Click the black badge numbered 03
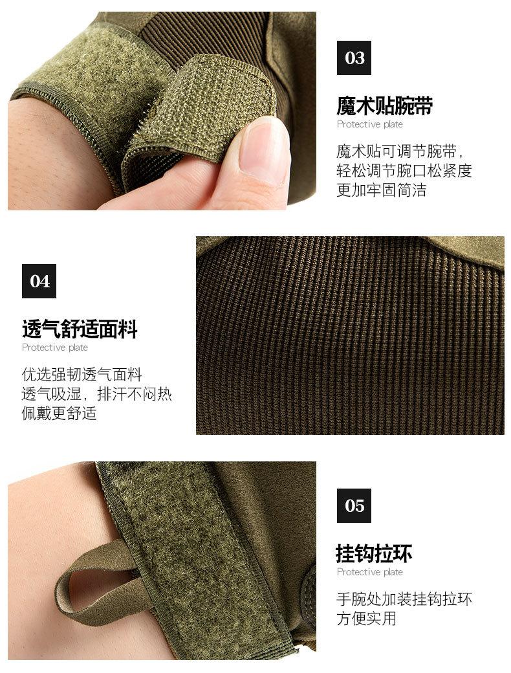point(354,58)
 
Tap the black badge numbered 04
point(39,281)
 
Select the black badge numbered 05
point(354,506)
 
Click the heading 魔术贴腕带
point(384,105)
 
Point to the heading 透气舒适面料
point(80,329)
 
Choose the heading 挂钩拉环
point(374,553)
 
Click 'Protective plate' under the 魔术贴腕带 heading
point(369,124)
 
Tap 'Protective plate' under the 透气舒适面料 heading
point(55,348)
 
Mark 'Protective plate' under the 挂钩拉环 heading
point(369,572)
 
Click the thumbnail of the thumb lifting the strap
point(262,152)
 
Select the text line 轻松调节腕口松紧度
point(404,171)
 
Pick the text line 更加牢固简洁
point(381,191)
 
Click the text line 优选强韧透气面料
point(82,375)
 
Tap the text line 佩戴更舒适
point(60,414)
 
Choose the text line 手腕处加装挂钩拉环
point(404,599)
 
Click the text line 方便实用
point(366,619)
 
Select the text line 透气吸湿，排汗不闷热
point(97,394)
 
